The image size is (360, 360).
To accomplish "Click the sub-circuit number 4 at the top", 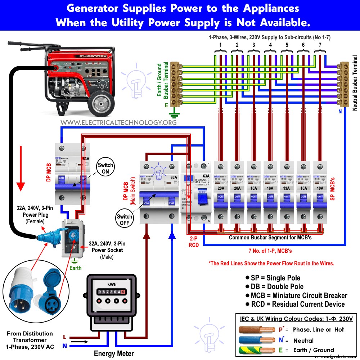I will click(270, 45).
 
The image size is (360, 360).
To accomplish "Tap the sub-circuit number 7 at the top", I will click(320, 45).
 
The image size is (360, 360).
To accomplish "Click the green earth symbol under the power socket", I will click(75, 261).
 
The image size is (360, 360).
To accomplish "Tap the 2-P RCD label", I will click(194, 242).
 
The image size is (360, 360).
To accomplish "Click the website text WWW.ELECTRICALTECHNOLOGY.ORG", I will click(118, 122).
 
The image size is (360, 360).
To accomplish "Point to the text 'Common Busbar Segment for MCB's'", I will click(270, 238).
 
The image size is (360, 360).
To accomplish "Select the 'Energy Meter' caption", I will click(114, 354).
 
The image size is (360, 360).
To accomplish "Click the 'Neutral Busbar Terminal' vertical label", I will click(355, 83).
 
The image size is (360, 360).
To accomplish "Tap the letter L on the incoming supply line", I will click(64, 337).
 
